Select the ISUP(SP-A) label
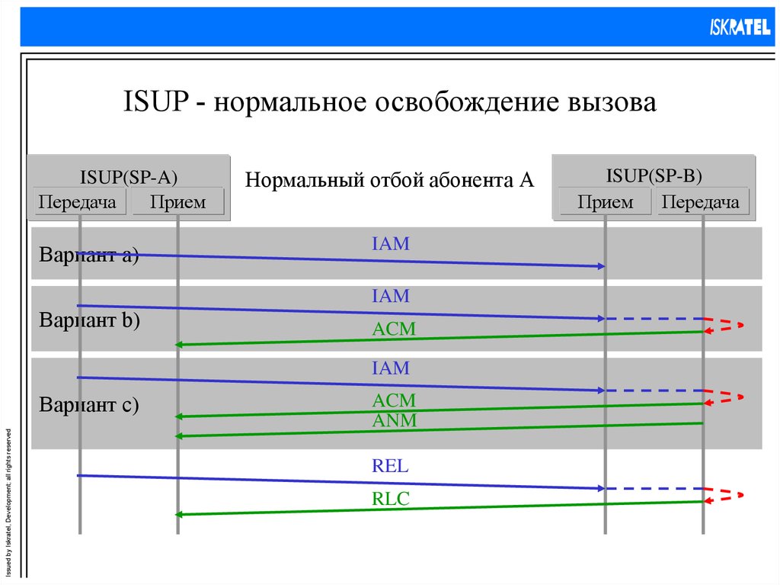129,177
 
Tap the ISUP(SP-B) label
654,175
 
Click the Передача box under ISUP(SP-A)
78,202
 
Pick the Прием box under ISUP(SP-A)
177,202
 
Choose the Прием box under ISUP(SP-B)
605,202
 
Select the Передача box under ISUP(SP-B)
701,202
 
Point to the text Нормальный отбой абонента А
389,181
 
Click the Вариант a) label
89,255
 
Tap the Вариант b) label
90,320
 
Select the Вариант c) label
89,404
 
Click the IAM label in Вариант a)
391,244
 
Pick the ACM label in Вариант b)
394,329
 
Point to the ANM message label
394,420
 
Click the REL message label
390,466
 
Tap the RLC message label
391,500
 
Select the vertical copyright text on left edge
8,500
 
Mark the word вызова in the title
609,102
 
